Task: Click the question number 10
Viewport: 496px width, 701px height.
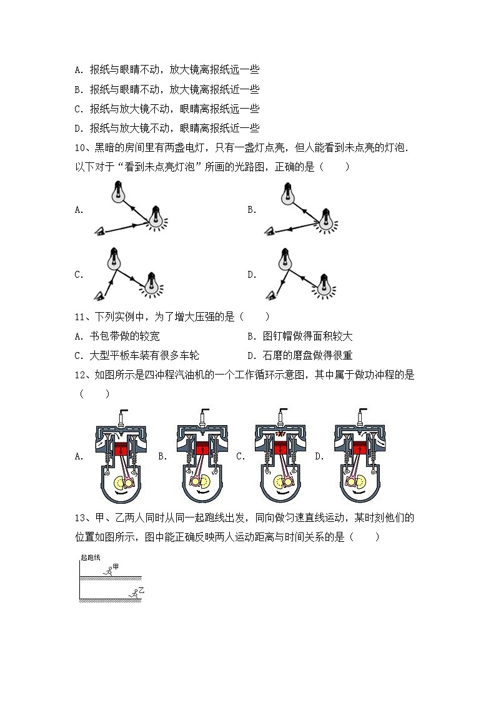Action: click(80, 148)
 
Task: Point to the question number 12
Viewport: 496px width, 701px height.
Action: click(80, 375)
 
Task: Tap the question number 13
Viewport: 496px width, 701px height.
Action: click(80, 518)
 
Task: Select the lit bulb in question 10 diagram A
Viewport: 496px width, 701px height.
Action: click(154, 219)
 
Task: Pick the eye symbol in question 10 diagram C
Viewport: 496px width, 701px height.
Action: click(99, 295)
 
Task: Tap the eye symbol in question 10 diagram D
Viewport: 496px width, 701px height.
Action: click(270, 295)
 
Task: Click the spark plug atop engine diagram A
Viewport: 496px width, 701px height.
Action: click(119, 416)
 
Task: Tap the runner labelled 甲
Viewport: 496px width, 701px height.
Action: click(109, 569)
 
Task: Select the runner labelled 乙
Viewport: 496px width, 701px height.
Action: click(134, 593)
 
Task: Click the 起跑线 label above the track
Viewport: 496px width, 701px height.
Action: click(91, 557)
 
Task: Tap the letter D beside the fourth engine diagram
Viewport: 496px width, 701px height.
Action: click(319, 456)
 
